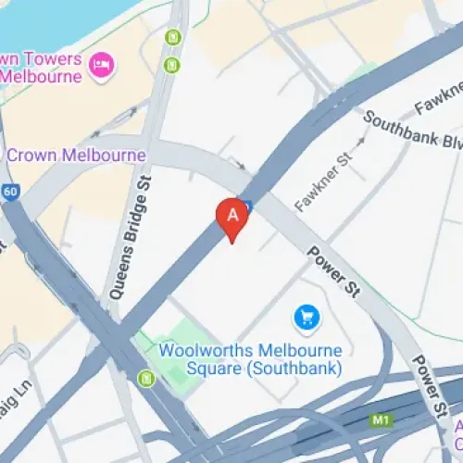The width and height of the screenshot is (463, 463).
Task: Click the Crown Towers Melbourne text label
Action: click(x=46, y=69)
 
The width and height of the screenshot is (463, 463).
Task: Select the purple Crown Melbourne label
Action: click(x=76, y=155)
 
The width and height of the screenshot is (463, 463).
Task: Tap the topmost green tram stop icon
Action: click(x=171, y=37)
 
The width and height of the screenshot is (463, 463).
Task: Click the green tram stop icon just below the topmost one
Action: click(x=171, y=65)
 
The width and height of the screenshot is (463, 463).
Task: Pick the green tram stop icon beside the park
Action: click(x=145, y=378)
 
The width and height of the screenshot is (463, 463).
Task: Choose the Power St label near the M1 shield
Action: click(x=432, y=385)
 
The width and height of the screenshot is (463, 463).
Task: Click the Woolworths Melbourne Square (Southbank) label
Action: click(x=250, y=359)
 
